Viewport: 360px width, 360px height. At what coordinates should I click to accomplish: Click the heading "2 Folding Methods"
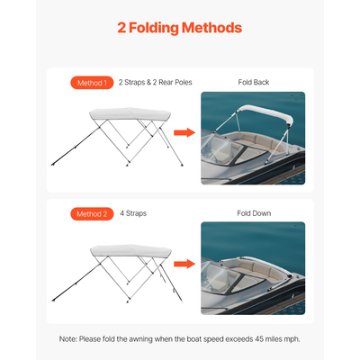(180, 28)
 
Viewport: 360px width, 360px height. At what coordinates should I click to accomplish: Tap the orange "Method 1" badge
(91, 83)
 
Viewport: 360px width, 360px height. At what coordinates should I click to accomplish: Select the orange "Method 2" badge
(91, 213)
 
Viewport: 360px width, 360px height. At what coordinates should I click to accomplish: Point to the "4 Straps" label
(132, 213)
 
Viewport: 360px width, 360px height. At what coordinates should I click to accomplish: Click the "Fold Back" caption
(253, 83)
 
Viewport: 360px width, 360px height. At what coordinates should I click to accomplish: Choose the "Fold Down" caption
(253, 213)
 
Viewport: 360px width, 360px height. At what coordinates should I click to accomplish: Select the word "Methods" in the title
(211, 28)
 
